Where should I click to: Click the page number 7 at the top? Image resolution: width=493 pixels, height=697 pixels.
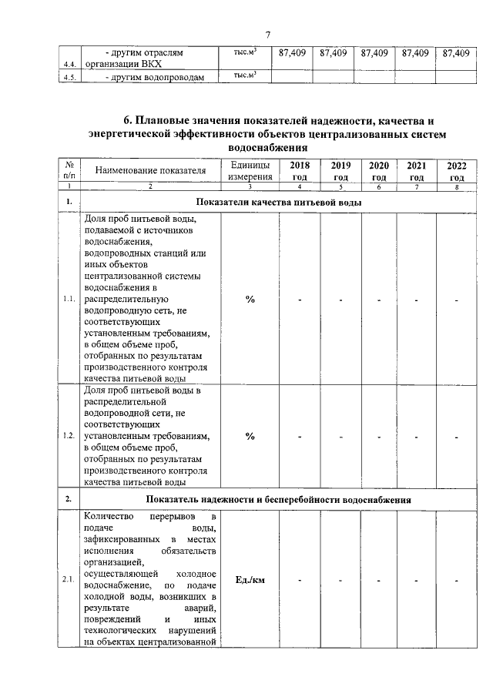point(268,34)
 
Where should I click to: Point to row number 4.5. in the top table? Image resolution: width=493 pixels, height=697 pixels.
point(69,77)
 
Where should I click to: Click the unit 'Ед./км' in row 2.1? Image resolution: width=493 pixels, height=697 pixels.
point(250,579)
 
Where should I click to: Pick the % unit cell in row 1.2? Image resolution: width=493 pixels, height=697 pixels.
point(250,437)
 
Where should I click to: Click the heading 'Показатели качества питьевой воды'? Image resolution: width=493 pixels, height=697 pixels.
point(278,203)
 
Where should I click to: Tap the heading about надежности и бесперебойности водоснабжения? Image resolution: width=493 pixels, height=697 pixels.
point(278,500)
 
